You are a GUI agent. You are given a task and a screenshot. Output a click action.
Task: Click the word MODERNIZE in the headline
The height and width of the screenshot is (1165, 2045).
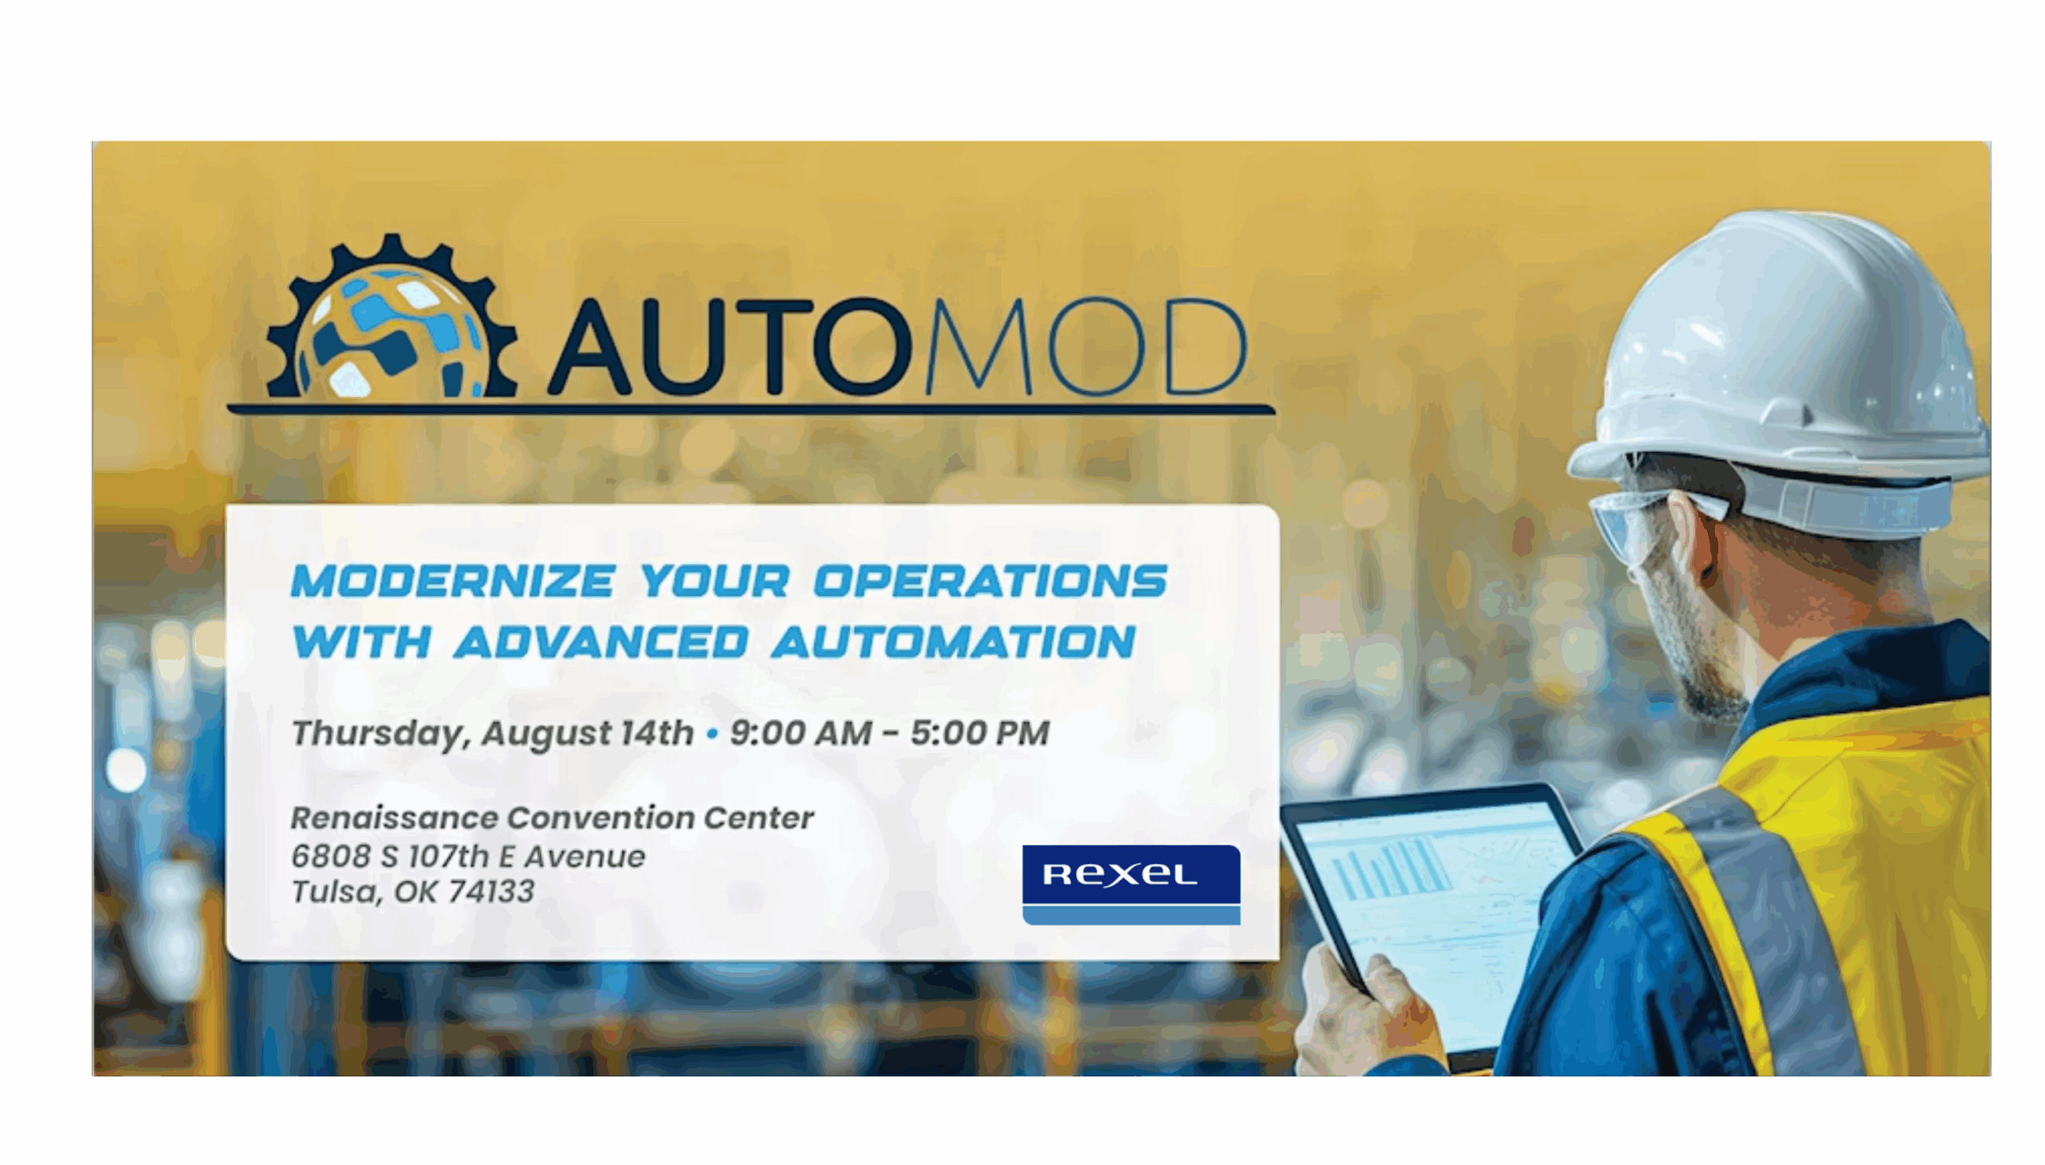[453, 581]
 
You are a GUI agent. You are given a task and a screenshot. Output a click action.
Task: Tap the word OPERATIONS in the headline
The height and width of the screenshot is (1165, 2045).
[990, 581]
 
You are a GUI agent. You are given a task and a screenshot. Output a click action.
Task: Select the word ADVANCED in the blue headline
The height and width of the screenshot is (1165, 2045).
[601, 643]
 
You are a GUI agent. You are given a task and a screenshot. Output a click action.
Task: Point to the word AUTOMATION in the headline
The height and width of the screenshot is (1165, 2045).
[953, 643]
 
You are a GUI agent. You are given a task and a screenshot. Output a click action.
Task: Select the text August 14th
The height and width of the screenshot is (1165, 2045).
[586, 734]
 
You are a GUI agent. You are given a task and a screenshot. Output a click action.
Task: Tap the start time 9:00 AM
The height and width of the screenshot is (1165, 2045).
[800, 733]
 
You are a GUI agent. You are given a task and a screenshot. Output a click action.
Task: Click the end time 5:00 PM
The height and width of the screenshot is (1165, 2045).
[979, 733]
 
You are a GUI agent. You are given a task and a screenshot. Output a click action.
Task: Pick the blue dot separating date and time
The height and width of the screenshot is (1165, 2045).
[712, 734]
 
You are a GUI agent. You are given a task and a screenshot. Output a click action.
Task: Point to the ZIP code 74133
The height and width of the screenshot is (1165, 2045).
[490, 891]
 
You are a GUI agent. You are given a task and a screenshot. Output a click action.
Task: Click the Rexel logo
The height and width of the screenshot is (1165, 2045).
[1131, 884]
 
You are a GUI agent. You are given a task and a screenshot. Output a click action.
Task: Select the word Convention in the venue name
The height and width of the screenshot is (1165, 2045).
[600, 818]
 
